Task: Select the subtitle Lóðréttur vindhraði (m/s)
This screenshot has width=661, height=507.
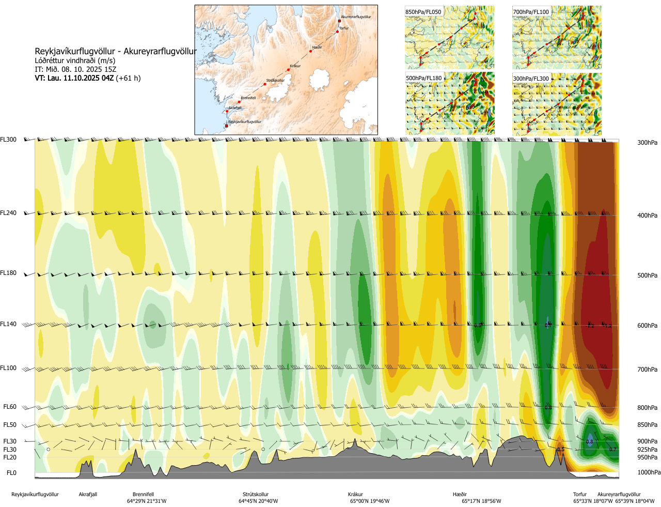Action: [75, 60]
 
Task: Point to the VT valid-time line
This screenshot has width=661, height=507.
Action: [87, 78]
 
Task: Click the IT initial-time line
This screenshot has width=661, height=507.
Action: [75, 69]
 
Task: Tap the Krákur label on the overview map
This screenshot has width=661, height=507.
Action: [295, 66]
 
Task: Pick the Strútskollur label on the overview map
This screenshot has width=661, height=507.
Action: [275, 81]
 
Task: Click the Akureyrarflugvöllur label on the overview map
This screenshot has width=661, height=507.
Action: [356, 17]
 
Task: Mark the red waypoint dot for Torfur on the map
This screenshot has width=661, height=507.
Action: [338, 32]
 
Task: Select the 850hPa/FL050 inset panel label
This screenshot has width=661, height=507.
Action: [423, 12]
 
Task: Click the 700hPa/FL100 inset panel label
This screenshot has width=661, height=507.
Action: [531, 12]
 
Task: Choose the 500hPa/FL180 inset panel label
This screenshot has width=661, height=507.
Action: [424, 79]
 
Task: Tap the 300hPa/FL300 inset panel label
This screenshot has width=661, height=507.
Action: [531, 79]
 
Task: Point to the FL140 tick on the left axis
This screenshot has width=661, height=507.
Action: [8, 324]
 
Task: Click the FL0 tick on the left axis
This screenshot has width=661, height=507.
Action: [11, 473]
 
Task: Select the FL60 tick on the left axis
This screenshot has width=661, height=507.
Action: [10, 407]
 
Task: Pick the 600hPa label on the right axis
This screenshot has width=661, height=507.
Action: [647, 326]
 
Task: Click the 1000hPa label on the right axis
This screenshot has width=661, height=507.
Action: [649, 472]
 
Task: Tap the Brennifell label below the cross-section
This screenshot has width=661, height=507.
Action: [143, 495]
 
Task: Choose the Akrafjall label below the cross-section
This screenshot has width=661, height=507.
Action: [88, 495]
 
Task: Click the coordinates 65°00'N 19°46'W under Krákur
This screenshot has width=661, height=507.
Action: [370, 501]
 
